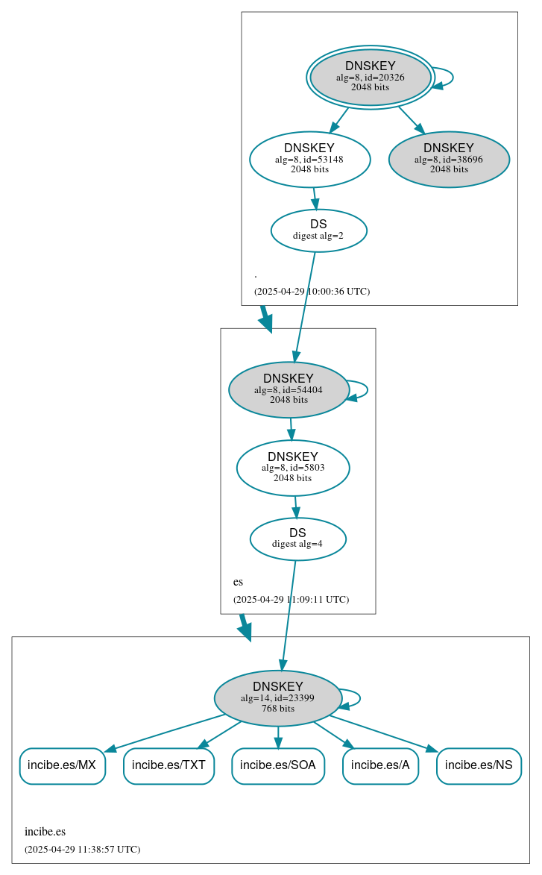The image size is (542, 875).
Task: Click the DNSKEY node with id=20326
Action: pos(371,77)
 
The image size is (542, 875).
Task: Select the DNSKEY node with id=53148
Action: pos(309,159)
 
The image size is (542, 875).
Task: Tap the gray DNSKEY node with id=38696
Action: pos(449,159)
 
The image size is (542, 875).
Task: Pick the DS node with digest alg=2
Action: pos(318,230)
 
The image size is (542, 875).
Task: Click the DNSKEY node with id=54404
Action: pos(289,389)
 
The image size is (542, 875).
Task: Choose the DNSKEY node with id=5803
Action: pos(293,468)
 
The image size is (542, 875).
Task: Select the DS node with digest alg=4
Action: pos(297,539)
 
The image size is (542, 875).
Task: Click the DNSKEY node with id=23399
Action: pos(277,698)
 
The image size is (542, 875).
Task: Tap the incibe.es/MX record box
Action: pos(62,765)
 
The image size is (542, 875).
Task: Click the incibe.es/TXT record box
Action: pos(169,765)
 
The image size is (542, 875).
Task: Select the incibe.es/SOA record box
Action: pos(278,765)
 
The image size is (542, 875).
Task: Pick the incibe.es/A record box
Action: pos(380,765)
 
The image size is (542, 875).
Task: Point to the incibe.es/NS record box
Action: pos(479,765)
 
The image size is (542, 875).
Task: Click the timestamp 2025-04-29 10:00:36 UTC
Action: pos(312,292)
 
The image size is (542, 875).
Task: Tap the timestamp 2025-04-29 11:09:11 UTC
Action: pos(291,600)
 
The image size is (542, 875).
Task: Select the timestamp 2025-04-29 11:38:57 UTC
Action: pos(82,850)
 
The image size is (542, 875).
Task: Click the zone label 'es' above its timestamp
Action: pos(238,582)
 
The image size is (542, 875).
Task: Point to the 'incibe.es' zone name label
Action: pos(45,832)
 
